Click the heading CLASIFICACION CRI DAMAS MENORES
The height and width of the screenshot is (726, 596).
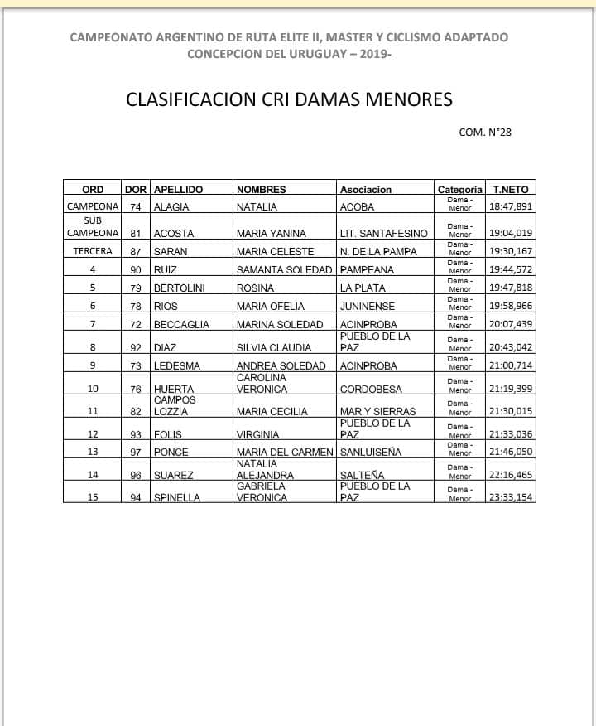click(289, 99)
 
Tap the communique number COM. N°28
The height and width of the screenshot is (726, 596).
click(485, 131)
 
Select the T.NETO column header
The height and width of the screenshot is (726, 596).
click(510, 190)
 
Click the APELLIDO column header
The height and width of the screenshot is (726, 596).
click(178, 190)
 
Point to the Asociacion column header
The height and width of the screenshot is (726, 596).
click(365, 190)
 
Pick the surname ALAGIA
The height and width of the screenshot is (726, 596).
click(171, 207)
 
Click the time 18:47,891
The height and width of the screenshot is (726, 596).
click(511, 207)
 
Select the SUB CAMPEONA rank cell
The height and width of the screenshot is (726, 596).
click(93, 227)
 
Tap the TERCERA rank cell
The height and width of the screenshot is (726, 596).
click(93, 251)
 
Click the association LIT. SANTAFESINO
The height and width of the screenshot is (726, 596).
click(383, 234)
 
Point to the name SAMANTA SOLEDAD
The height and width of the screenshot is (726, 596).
click(285, 269)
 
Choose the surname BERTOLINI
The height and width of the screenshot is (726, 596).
click(180, 288)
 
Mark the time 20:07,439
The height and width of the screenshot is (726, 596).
click(511, 324)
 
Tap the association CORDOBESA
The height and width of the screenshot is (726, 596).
click(371, 388)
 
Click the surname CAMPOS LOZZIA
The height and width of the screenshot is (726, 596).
click(175, 405)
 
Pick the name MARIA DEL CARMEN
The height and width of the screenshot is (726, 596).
click(285, 452)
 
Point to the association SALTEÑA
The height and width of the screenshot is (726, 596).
click(362, 475)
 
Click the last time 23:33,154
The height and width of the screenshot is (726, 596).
click(511, 497)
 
